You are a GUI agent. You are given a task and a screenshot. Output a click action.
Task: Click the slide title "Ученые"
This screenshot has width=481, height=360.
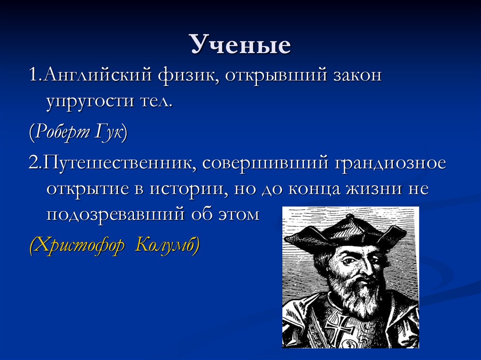pyautogui.click(x=240, y=46)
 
